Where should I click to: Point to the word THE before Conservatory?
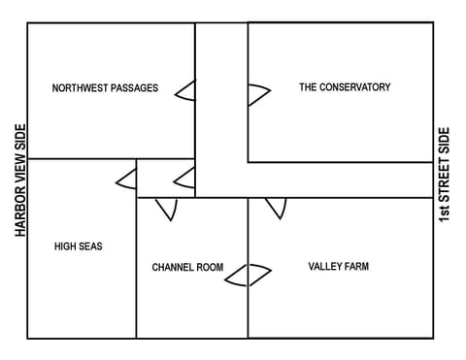click(x=308, y=87)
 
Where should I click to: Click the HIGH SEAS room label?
click(x=78, y=246)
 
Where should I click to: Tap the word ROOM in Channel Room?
click(x=210, y=267)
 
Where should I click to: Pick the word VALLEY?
click(x=326, y=266)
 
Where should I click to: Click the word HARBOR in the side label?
click(x=19, y=211)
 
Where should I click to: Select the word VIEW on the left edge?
click(x=19, y=168)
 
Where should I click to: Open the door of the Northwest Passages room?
click(x=185, y=90)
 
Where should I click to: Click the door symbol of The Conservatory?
click(x=257, y=94)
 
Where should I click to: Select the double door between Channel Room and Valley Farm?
click(x=248, y=276)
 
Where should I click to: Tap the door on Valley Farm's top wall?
click(x=276, y=208)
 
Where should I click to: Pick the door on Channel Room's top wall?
click(x=166, y=209)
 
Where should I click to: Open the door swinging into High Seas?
click(x=126, y=179)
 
